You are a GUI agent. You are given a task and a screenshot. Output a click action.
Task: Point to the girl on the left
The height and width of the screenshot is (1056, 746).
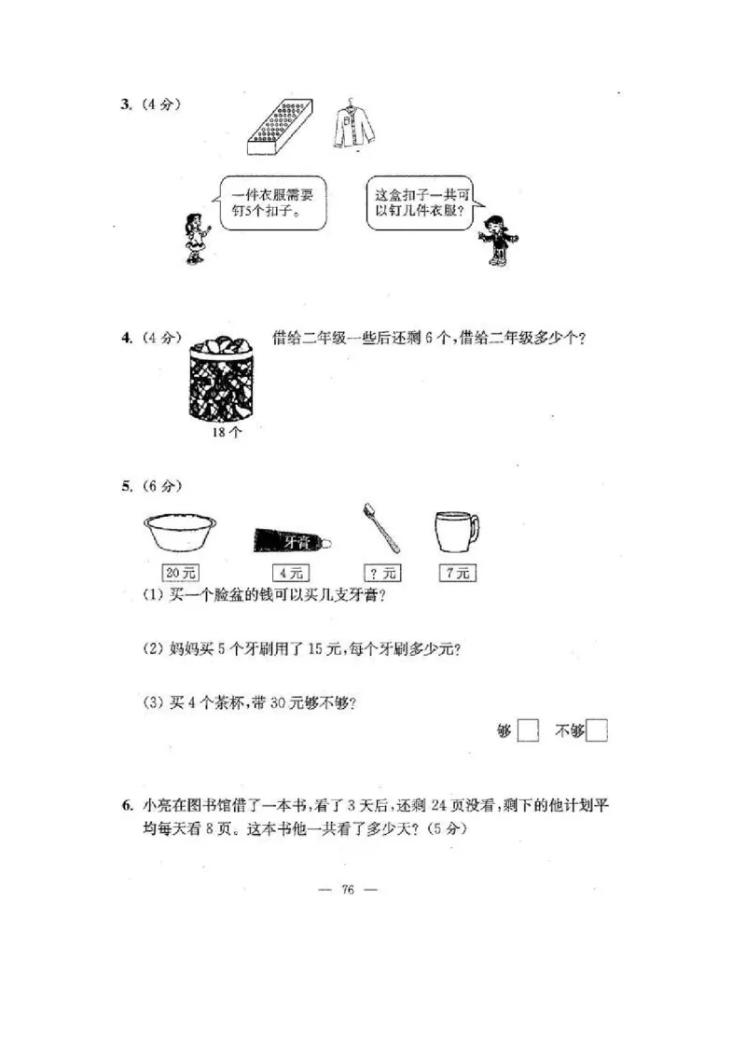point(194,238)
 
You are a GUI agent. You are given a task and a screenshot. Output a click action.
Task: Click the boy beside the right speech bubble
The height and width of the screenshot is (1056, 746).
point(494,239)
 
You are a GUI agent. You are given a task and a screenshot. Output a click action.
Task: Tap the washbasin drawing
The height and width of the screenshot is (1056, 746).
point(180,532)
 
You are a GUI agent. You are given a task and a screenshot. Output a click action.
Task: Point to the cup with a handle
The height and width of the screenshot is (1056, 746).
point(457,532)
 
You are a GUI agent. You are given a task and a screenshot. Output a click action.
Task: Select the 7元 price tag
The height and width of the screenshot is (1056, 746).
point(456,574)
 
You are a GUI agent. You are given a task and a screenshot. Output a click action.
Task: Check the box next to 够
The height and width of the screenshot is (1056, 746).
point(528,731)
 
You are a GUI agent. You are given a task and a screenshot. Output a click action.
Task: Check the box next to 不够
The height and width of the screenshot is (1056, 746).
point(597,731)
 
